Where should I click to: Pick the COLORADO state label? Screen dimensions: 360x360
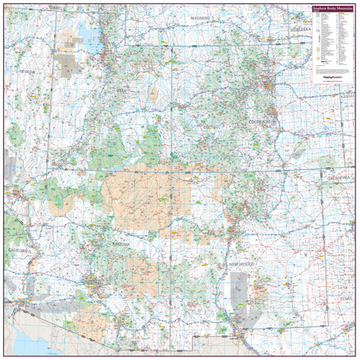pyautogui.click(x=259, y=121)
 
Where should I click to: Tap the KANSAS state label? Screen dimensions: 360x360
pyautogui.click(x=346, y=98)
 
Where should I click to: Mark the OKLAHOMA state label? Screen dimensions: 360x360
pyautogui.click(x=340, y=178)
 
